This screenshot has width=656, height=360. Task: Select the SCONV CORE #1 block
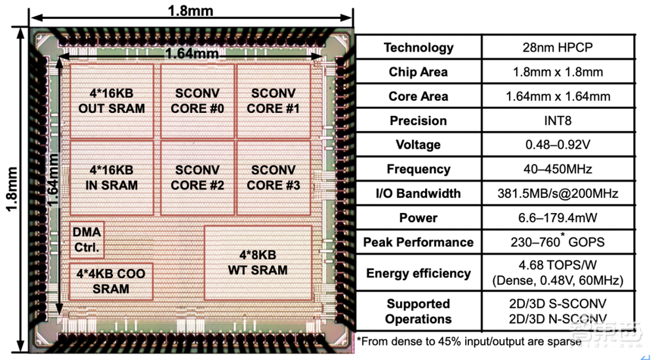[274, 100]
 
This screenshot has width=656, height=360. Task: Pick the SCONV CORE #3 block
[274, 177]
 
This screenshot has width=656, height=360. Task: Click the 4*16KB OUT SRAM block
[112, 100]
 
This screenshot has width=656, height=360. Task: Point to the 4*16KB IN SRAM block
[112, 177]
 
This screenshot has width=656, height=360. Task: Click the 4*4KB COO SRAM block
[111, 281]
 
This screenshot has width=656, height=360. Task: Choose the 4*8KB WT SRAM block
[258, 262]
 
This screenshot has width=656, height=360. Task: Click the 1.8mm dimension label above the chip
[190, 10]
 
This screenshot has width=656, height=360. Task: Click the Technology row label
[419, 47]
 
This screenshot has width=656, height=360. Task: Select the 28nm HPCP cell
[558, 47]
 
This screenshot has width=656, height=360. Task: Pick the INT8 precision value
[558, 121]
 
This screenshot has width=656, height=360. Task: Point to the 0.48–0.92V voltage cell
[558, 145]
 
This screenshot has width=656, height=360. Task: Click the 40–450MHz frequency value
[558, 169]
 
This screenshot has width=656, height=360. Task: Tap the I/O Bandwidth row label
[419, 193]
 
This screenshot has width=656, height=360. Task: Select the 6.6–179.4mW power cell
[558, 218]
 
